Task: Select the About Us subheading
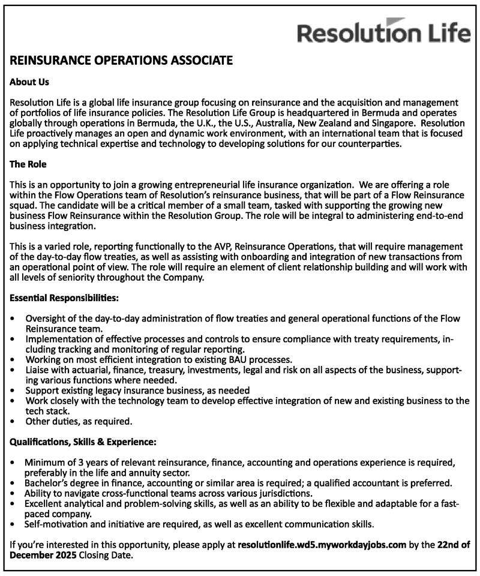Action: [x=29, y=81]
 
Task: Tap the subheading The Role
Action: [x=28, y=163]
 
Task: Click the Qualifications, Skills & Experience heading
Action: [x=83, y=442]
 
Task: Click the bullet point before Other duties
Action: [x=14, y=421]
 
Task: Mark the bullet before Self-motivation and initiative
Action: [x=14, y=524]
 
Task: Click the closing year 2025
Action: [x=64, y=555]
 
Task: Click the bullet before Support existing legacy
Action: [x=14, y=390]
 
